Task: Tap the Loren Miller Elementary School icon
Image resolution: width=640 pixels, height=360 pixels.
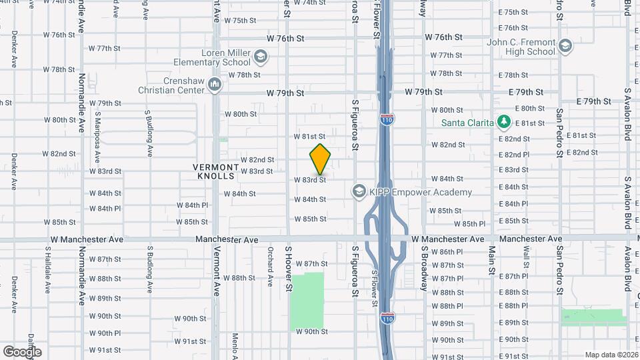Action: [x=261, y=58]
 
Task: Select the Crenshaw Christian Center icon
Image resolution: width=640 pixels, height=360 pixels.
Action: [x=215, y=85]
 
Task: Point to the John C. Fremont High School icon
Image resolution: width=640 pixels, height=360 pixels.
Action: [x=565, y=46]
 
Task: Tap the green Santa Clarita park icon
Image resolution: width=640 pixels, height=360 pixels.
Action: [x=505, y=123]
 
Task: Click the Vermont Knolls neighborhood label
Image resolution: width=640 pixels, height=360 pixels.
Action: [x=214, y=171]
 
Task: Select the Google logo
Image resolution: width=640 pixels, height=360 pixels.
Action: [x=22, y=351]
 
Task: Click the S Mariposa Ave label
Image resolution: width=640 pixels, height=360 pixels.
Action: [x=97, y=133]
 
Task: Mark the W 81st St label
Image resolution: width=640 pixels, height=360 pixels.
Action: [x=309, y=136]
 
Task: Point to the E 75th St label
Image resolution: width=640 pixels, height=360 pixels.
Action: [x=513, y=12]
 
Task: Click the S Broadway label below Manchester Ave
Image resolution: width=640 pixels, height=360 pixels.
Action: [x=423, y=268]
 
